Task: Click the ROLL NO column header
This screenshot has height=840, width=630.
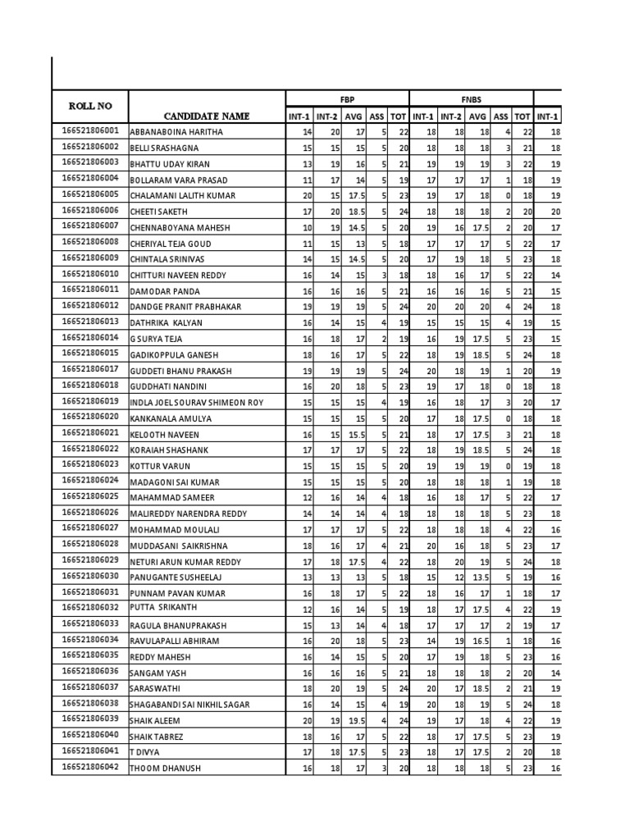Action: pyautogui.click(x=90, y=106)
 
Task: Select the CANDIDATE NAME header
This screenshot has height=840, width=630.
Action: pyautogui.click(x=206, y=116)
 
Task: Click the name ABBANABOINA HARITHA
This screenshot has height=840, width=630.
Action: pyautogui.click(x=176, y=132)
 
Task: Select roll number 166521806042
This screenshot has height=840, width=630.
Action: pyautogui.click(x=90, y=767)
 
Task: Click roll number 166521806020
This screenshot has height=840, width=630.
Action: pyautogui.click(x=90, y=417)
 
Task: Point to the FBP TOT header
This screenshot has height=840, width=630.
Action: pyautogui.click(x=399, y=116)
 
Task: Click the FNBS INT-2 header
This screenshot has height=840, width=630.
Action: pyautogui.click(x=452, y=116)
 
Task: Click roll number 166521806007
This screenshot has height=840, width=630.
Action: pyautogui.click(x=90, y=226)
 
